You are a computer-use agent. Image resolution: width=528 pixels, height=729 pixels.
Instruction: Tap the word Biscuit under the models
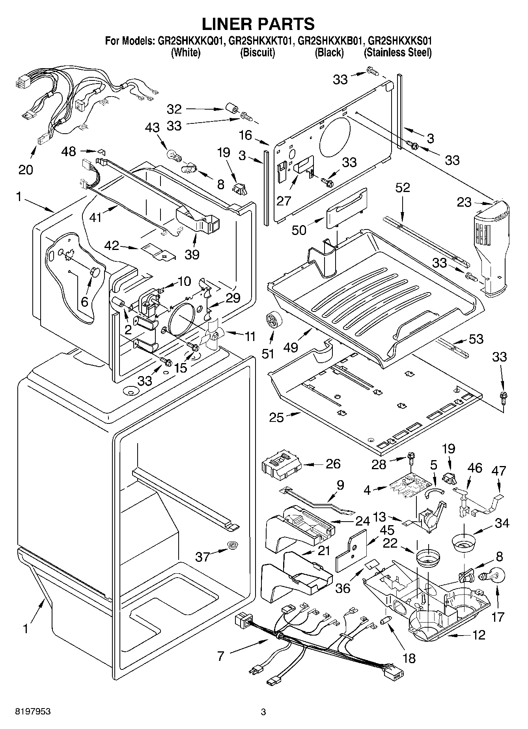pos(257,52)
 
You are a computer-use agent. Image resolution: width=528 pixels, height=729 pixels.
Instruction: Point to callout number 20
pos(26,170)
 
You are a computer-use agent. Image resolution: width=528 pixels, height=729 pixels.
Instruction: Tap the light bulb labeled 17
pos(491,576)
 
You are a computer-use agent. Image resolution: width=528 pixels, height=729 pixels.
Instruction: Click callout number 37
pos(203,556)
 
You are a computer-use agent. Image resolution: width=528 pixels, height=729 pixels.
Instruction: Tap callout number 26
pos(333,464)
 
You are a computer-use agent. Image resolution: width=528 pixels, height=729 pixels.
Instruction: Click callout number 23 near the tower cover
pos(464,202)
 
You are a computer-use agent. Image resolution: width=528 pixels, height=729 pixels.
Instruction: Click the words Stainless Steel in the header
pos(397,52)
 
